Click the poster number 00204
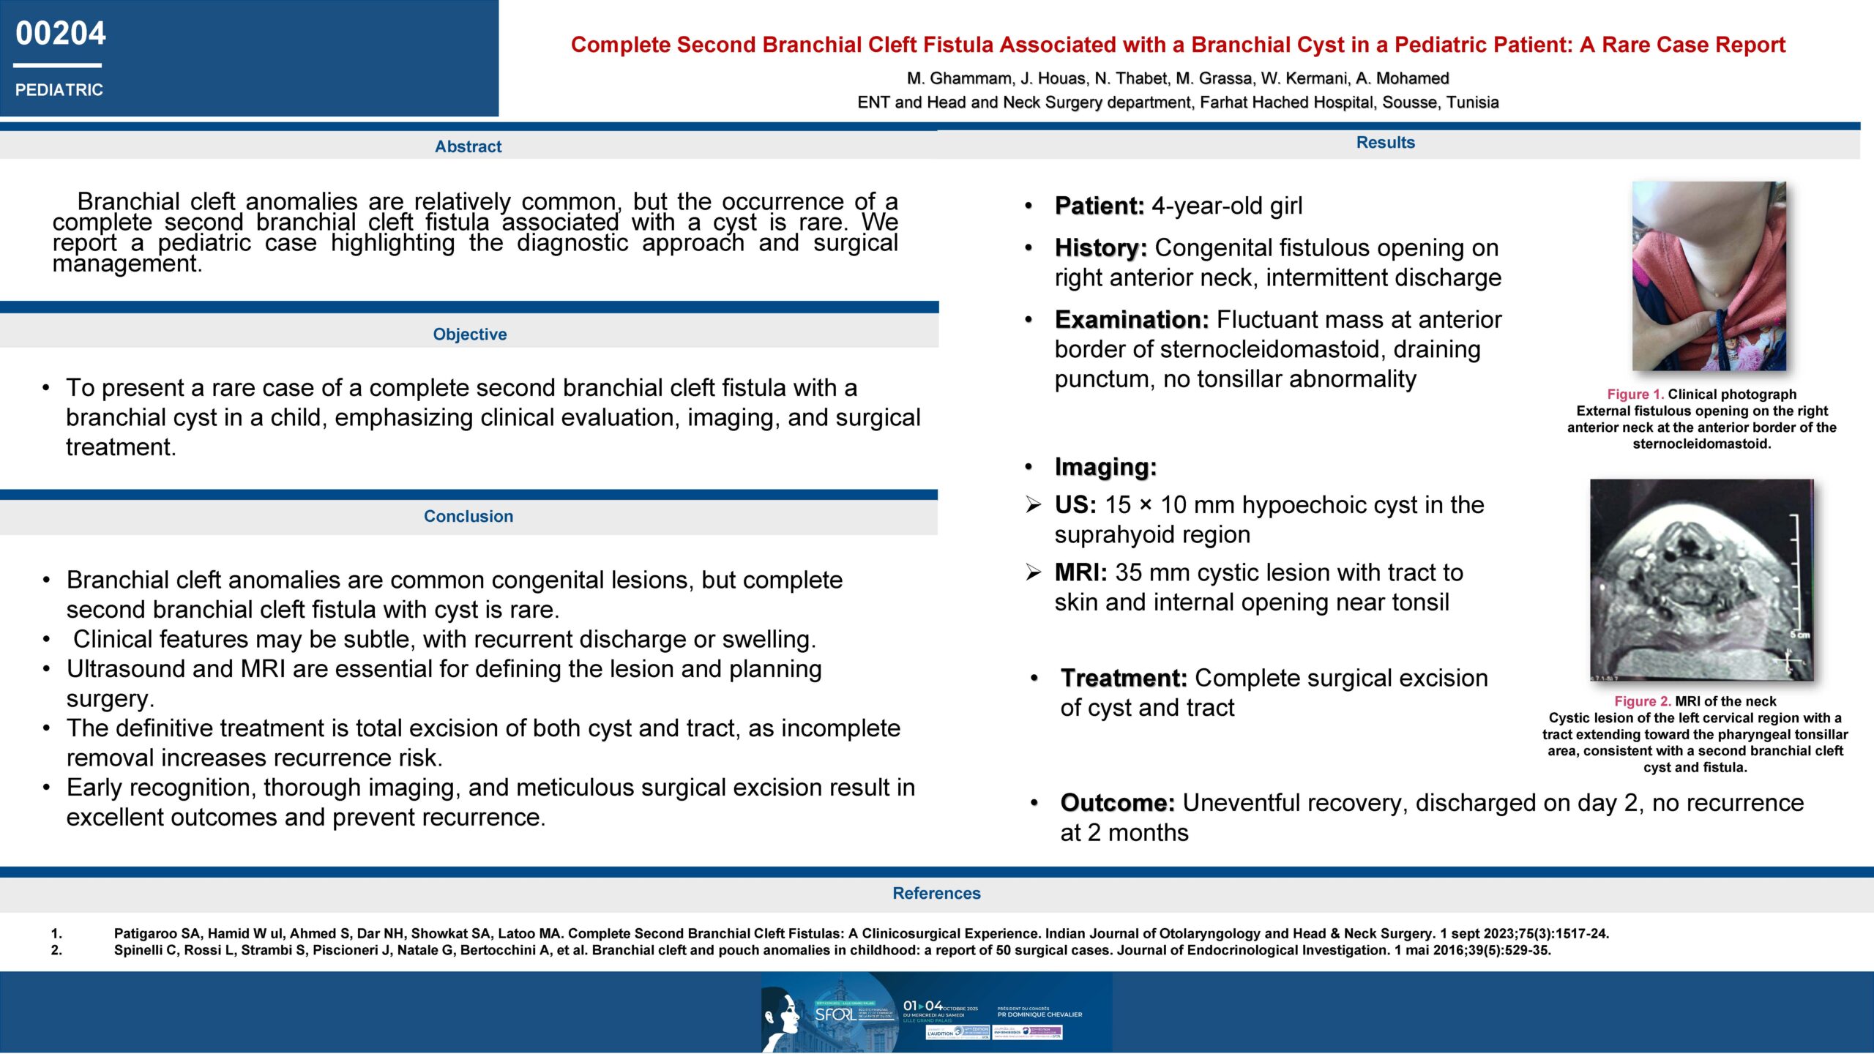tap(61, 34)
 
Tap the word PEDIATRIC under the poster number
tap(59, 90)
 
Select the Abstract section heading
tap(468, 146)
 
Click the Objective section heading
tap(469, 334)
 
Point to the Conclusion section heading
tap(468, 516)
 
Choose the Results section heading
tap(1385, 143)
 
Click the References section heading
tap(936, 893)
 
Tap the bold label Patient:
tap(1099, 206)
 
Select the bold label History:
tap(1100, 248)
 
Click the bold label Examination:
tap(1131, 320)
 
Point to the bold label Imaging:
tap(1105, 467)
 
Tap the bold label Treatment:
tap(1123, 679)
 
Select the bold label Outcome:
tap(1117, 803)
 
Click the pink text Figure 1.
tap(1635, 395)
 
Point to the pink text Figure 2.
tap(1642, 701)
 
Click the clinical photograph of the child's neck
tap(1709, 276)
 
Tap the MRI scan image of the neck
tap(1701, 580)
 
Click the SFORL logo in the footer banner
tap(835, 1014)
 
